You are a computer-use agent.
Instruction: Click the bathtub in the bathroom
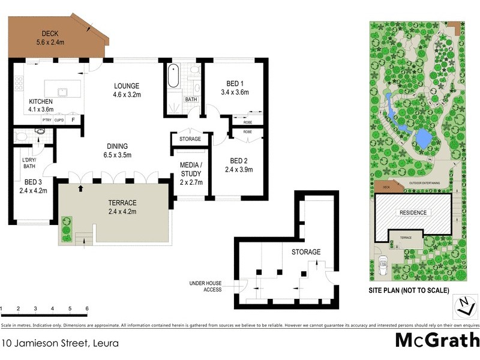(173, 76)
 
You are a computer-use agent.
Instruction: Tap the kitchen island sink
(62, 91)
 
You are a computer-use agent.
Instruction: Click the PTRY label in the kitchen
(47, 120)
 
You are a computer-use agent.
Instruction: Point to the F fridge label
(73, 120)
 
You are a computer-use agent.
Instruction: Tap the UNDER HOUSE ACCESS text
(205, 286)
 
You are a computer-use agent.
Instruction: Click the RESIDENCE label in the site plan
(413, 212)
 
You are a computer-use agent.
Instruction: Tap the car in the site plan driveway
(383, 263)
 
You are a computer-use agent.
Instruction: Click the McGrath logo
(436, 340)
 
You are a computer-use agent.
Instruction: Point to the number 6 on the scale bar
(88, 308)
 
